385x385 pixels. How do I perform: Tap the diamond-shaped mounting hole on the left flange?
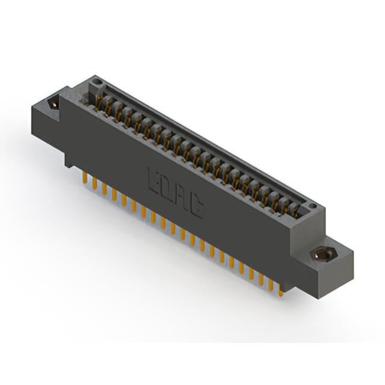click(x=54, y=104)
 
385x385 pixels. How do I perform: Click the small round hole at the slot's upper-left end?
click(x=99, y=81)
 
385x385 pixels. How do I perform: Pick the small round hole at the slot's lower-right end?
click(x=313, y=206)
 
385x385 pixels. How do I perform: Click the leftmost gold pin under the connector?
click(x=85, y=177)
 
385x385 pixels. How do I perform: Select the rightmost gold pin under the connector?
click(x=281, y=293)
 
